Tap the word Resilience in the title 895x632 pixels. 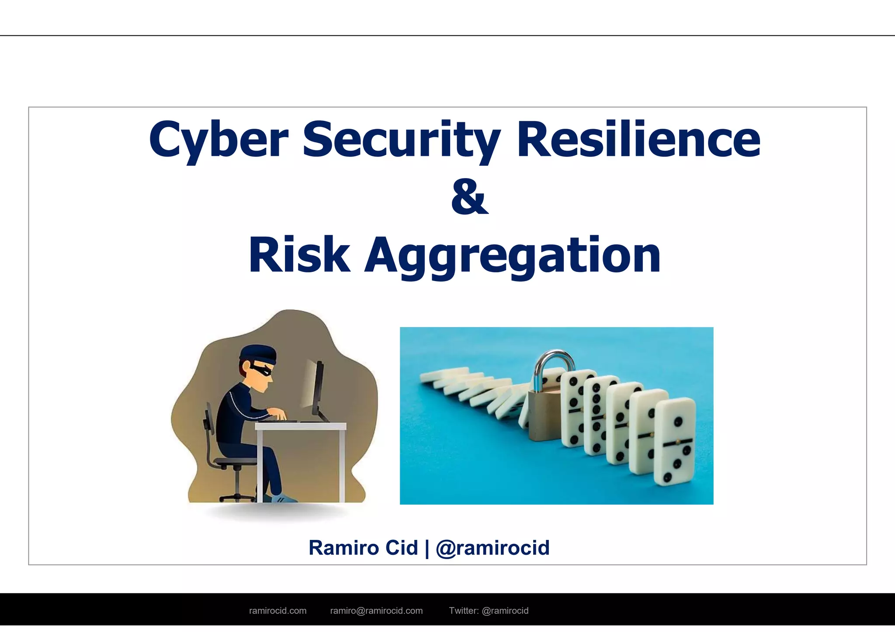pyautogui.click(x=638, y=140)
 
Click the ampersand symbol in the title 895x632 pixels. pyautogui.click(x=470, y=198)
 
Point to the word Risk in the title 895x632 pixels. pyautogui.click(x=299, y=255)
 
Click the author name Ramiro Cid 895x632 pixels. pyautogui.click(x=363, y=548)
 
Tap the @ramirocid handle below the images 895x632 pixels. pyautogui.click(x=493, y=548)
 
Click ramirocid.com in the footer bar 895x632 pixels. pyautogui.click(x=278, y=611)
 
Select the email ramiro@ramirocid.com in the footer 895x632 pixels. pyautogui.click(x=376, y=611)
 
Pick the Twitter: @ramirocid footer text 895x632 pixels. pyautogui.click(x=489, y=611)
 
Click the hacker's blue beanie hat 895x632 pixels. pyautogui.click(x=258, y=353)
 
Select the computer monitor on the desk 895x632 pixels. pyautogui.click(x=318, y=388)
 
